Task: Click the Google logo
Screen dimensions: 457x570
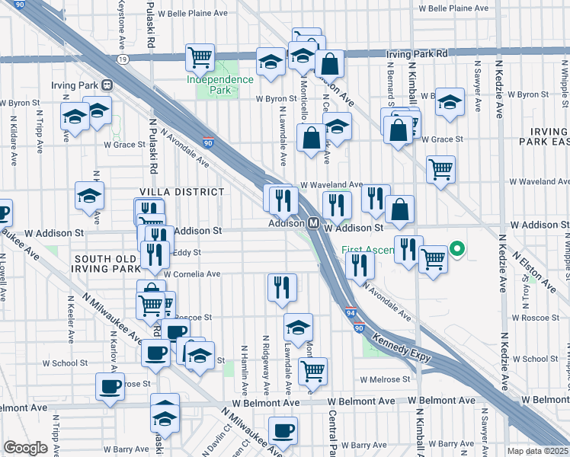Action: click(26, 448)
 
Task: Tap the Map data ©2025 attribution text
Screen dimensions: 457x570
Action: click(538, 451)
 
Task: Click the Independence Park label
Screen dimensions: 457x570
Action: click(220, 85)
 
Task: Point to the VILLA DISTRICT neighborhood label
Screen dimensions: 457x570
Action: click(181, 192)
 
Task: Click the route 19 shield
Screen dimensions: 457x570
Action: click(123, 58)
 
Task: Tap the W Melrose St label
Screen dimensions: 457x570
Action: click(385, 379)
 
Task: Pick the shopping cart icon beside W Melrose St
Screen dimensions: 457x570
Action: click(312, 371)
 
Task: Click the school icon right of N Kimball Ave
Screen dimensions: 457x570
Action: click(450, 101)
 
